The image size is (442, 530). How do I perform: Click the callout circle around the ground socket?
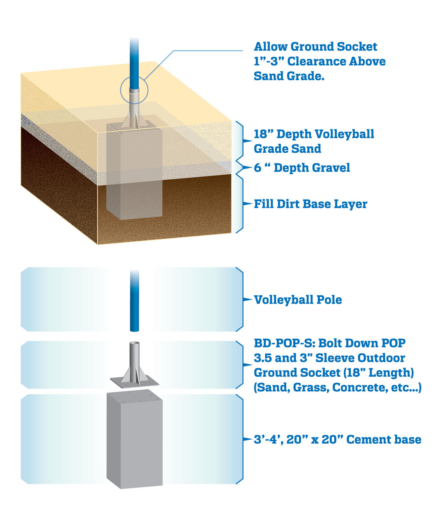pyautogui.click(x=134, y=90)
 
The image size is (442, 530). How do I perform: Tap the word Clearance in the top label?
pyautogui.click(x=316, y=61)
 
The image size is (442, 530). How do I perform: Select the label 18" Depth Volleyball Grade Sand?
pyautogui.click(x=314, y=141)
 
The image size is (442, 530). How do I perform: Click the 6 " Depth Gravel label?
pyautogui.click(x=302, y=168)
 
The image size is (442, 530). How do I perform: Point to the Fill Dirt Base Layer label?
pyautogui.click(x=310, y=204)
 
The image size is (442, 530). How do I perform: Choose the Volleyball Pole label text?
pyautogui.click(x=298, y=300)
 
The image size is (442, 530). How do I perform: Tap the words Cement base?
pyautogui.click(x=384, y=439)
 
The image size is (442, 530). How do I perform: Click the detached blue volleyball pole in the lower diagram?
pyautogui.click(x=134, y=301)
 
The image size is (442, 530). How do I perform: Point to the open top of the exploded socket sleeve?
pyautogui.click(x=134, y=343)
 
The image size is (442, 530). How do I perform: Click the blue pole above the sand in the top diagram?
pyautogui.click(x=134, y=63)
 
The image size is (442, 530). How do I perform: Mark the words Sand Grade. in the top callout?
pyautogui.click(x=289, y=76)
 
